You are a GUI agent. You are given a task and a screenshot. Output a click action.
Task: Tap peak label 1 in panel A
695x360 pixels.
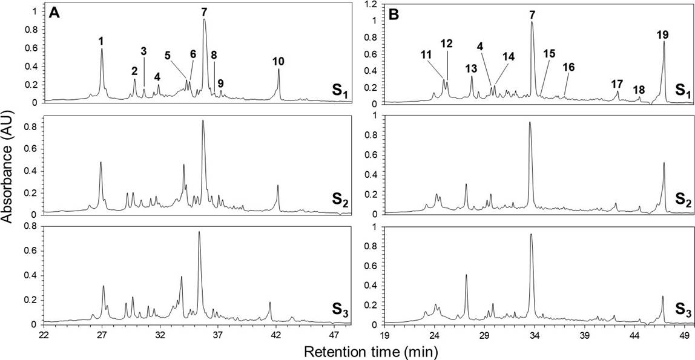(x=101, y=41)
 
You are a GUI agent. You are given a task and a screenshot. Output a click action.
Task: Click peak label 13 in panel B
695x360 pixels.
(x=472, y=67)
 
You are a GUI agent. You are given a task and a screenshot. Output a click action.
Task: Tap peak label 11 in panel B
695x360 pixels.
(x=426, y=54)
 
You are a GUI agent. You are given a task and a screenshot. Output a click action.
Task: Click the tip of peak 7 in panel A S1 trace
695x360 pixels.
(x=205, y=19)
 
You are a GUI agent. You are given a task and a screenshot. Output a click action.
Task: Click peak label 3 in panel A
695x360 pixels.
(x=143, y=51)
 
